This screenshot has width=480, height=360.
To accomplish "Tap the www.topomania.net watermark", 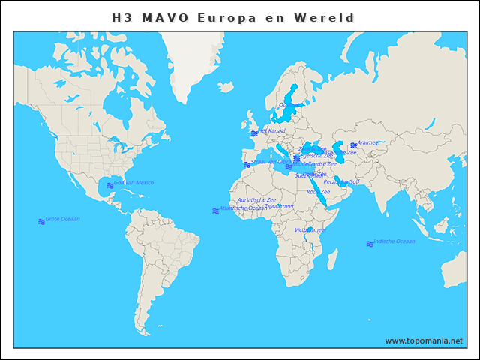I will [x=424, y=340].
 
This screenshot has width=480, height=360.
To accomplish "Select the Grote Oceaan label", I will [x=63, y=219].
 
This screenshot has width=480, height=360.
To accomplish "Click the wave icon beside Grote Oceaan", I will [x=41, y=221].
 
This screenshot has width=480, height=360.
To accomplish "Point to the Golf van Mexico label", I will [x=134, y=182].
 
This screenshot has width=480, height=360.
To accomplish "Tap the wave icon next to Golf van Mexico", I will [x=110, y=184].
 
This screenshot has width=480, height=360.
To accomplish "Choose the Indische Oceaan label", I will [x=394, y=241].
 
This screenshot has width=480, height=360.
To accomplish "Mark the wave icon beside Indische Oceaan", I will [x=369, y=244].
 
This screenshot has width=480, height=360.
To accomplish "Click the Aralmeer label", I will [x=369, y=142].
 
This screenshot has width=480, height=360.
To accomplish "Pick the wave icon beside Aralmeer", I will [x=353, y=145].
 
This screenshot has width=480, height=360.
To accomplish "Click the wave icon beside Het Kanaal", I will [x=254, y=133].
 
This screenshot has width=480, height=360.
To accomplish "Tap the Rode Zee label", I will [x=318, y=192].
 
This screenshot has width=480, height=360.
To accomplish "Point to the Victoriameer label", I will [x=310, y=229].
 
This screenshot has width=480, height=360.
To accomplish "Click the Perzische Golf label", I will [x=341, y=181].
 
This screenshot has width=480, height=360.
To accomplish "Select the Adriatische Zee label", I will [x=256, y=199].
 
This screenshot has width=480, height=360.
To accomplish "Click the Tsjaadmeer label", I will [x=279, y=205].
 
